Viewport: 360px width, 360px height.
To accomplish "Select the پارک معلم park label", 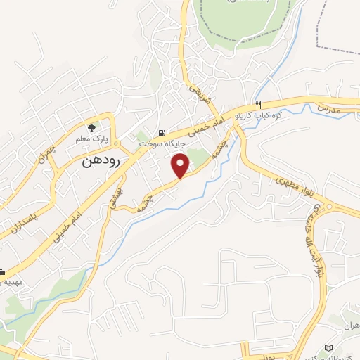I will click(x=91, y=139).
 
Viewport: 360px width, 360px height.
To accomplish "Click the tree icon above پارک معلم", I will click(x=91, y=127).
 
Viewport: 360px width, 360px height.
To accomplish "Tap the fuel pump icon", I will click(x=163, y=133).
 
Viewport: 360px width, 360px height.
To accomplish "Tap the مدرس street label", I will click(x=328, y=109).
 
